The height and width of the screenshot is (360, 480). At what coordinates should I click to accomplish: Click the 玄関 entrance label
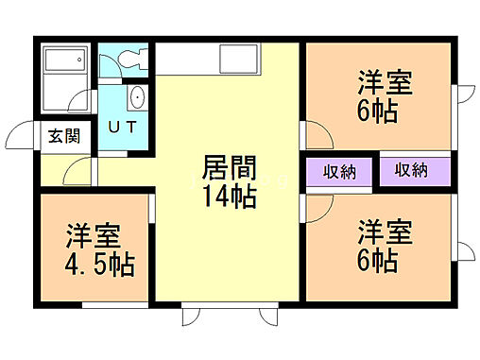[64, 135]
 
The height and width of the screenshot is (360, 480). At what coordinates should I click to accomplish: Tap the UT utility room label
[119, 127]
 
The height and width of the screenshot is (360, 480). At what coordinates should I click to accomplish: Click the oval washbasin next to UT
[136, 97]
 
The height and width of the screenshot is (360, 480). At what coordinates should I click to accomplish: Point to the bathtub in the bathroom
[66, 65]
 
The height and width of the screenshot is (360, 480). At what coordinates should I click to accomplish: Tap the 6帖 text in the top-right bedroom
[378, 111]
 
